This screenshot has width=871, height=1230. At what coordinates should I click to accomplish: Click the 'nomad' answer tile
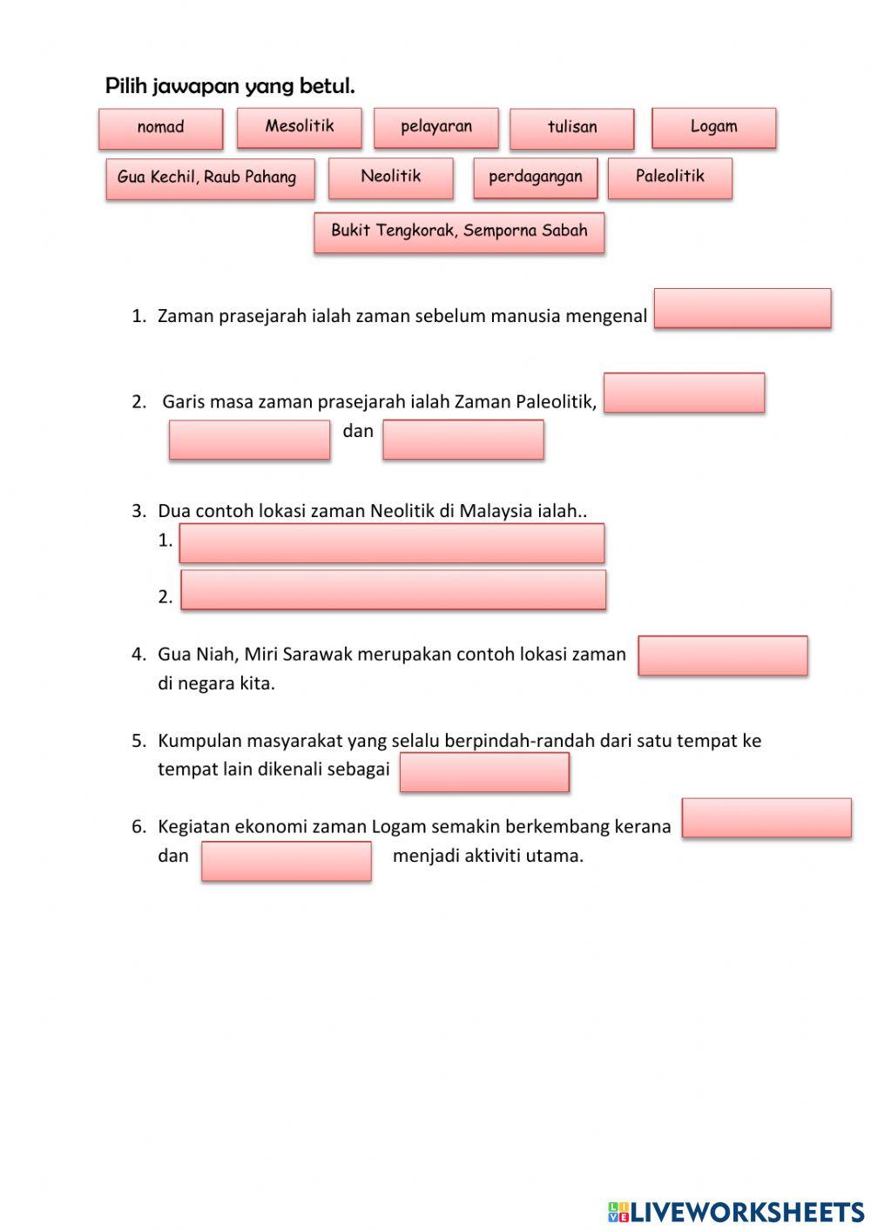[160, 128]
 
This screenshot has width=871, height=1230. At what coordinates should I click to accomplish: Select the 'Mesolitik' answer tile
[299, 127]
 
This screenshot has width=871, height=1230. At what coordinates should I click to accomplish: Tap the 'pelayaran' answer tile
[435, 127]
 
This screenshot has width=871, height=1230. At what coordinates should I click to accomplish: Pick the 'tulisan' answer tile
[572, 128]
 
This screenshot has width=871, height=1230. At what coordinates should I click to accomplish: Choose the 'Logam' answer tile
[713, 127]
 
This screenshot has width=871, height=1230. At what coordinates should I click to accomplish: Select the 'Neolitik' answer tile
[390, 177]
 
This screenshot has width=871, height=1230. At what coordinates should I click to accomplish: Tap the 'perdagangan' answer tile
[535, 178]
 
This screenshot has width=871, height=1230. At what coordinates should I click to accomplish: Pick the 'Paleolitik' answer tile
[669, 177]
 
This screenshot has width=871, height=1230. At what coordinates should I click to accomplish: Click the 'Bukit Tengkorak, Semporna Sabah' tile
[459, 232]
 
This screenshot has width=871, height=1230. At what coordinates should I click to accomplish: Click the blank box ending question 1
[742, 308]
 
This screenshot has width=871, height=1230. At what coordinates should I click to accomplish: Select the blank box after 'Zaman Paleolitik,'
[684, 393]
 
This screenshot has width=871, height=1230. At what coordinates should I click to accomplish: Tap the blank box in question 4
[722, 655]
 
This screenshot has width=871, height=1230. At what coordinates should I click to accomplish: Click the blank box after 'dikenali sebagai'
[484, 772]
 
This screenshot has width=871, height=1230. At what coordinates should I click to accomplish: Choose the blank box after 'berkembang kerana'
[766, 818]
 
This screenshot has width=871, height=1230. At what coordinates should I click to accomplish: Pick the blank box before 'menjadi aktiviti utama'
[286, 861]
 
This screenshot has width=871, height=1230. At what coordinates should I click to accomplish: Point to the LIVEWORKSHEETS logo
[735, 1211]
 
